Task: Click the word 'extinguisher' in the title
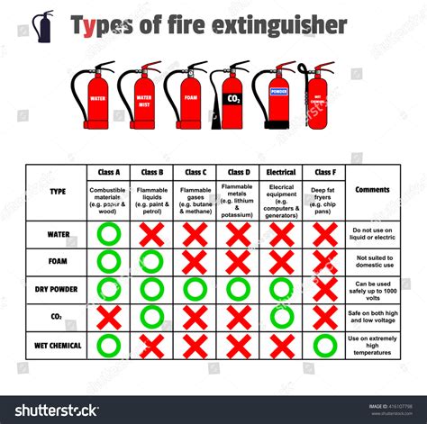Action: click(x=269, y=25)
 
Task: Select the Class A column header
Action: click(x=108, y=172)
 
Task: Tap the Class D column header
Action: click(x=238, y=172)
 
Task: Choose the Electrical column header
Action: click(x=281, y=172)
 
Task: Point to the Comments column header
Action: click(x=372, y=190)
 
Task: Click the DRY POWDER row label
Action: click(x=59, y=289)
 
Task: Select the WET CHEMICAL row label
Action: click(x=59, y=345)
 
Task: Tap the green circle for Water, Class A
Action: click(x=108, y=234)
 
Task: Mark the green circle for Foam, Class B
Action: click(x=151, y=262)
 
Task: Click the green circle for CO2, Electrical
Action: click(x=281, y=317)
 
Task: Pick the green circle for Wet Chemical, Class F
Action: click(x=324, y=346)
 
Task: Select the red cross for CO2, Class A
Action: click(x=108, y=317)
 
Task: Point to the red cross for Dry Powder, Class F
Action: click(x=324, y=289)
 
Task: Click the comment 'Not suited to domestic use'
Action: click(x=372, y=262)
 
